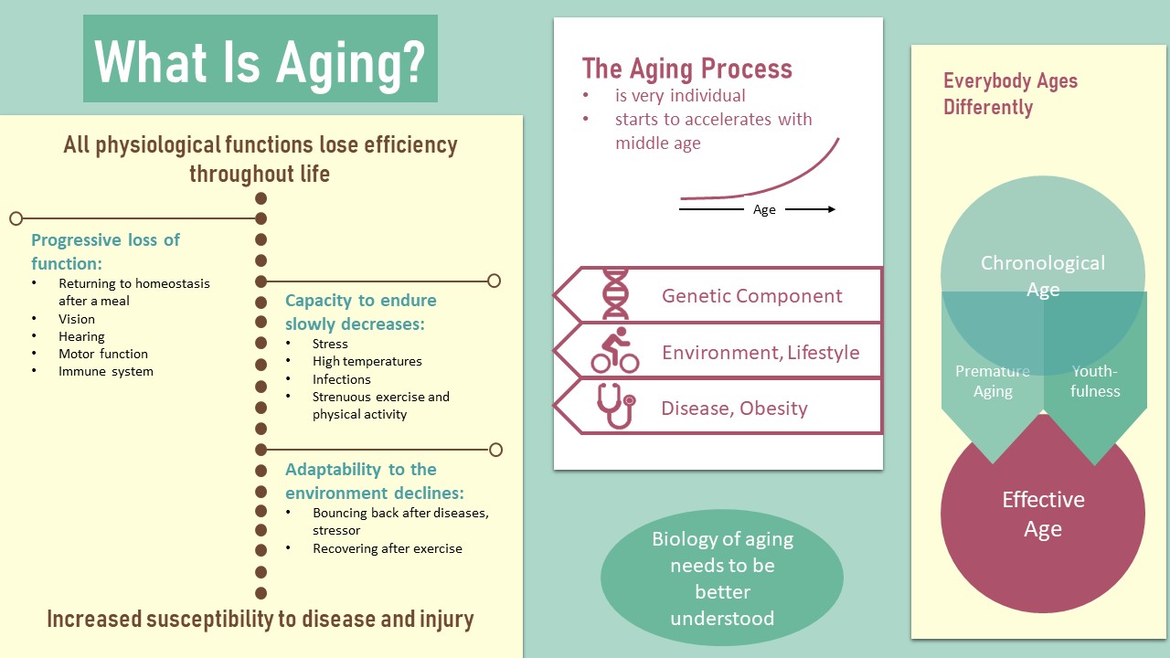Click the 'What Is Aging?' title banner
261,58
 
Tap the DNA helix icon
615,294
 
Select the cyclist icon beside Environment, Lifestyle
615,350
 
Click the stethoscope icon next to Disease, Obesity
616,407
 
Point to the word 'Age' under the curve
764,210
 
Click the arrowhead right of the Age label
831,209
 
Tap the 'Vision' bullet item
77,319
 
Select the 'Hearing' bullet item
81,337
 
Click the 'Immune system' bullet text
106,371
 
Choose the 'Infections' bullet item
342,379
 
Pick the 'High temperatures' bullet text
367,361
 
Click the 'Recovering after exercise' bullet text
388,548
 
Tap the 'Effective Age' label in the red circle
1043,515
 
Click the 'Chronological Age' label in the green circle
1043,276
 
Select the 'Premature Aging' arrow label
993,381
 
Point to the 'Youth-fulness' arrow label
1095,381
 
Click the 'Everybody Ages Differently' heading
1010,94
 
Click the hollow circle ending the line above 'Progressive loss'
16,218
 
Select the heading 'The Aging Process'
686,69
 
